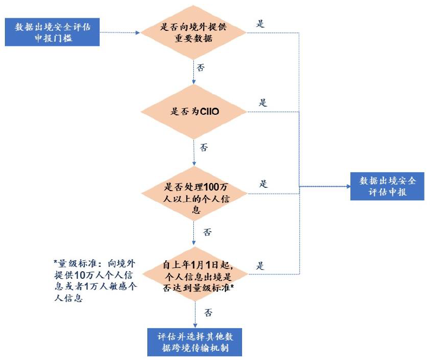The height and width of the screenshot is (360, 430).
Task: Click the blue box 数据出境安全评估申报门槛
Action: pyautogui.click(x=52, y=32)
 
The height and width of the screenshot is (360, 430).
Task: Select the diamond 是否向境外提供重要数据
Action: pyautogui.click(x=194, y=33)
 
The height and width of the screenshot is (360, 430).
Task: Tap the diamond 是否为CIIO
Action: pyautogui.click(x=194, y=112)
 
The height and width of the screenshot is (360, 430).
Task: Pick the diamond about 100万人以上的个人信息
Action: pyautogui.click(x=194, y=194)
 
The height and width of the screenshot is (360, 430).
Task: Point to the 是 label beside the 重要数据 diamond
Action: pyautogui.click(x=260, y=24)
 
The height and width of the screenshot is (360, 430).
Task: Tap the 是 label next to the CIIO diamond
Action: pyautogui.click(x=263, y=103)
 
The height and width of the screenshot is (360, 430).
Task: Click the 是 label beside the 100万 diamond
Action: pyautogui.click(x=263, y=184)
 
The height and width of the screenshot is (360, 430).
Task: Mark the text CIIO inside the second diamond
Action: pyautogui.click(x=208, y=113)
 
